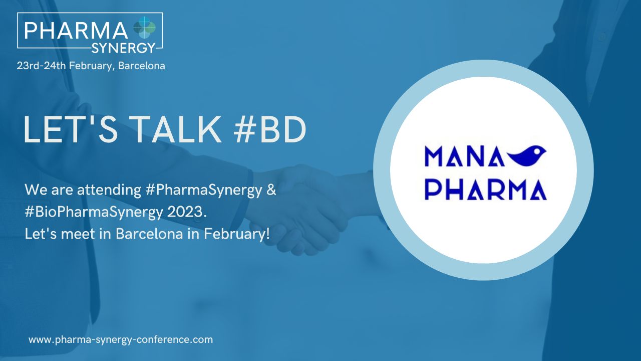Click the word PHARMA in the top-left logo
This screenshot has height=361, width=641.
(76, 31)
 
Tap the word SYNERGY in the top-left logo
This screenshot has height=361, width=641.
(123, 48)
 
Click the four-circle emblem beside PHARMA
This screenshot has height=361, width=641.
(145, 28)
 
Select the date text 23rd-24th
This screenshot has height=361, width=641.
(42, 66)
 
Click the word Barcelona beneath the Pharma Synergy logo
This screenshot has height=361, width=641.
(142, 66)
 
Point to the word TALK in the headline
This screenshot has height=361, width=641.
(177, 129)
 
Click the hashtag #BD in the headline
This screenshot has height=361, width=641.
(270, 129)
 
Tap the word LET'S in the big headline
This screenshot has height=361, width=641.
(71, 129)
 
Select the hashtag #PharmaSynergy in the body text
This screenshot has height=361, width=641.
(204, 190)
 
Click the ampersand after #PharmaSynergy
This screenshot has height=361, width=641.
(271, 190)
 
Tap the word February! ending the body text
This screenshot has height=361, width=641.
(237, 234)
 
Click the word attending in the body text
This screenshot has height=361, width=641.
(109, 190)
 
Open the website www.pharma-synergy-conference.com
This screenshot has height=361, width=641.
(121, 340)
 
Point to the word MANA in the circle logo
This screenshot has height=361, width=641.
(464, 156)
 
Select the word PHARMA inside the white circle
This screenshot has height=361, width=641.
(486, 190)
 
